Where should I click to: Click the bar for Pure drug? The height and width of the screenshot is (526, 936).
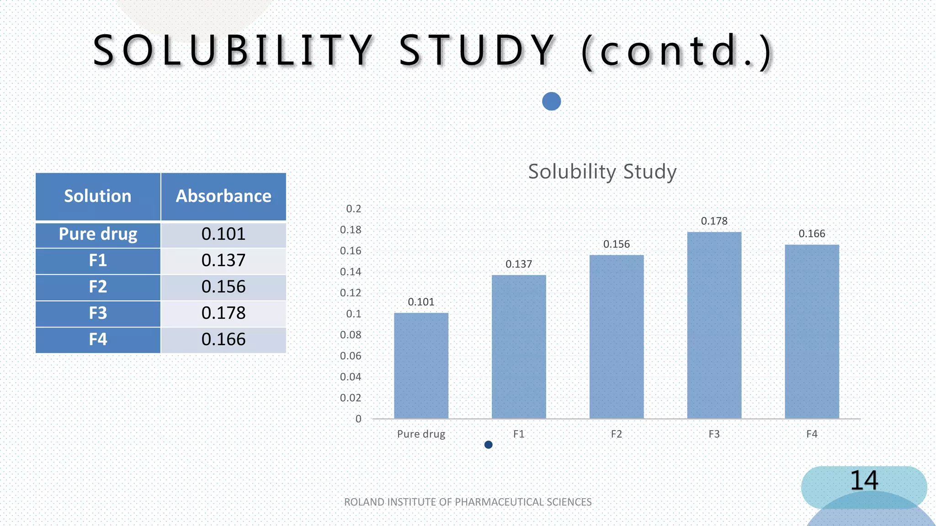[421, 365]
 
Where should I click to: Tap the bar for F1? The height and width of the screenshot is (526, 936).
[519, 347]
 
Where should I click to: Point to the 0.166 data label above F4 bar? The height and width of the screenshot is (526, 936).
[812, 234]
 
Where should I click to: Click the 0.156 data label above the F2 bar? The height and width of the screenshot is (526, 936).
[616, 244]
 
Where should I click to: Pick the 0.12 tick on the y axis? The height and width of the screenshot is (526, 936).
[351, 293]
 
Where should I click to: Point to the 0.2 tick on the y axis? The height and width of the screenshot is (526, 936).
[353, 209]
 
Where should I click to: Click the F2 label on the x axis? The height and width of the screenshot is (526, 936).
[616, 434]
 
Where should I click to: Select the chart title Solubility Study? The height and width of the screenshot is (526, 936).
[602, 172]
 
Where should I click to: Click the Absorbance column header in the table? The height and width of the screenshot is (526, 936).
[223, 196]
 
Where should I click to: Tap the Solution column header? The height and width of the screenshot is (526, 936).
[98, 196]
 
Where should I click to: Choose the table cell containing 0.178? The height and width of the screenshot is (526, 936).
[223, 313]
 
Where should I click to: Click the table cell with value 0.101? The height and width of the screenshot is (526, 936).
[223, 234]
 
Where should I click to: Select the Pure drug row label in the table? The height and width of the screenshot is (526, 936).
[98, 234]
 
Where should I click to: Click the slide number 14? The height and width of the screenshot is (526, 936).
[863, 480]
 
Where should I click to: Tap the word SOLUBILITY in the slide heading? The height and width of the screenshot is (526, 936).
[233, 50]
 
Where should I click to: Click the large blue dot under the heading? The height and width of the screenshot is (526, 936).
[551, 101]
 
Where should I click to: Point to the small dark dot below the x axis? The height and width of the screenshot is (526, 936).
[488, 445]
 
